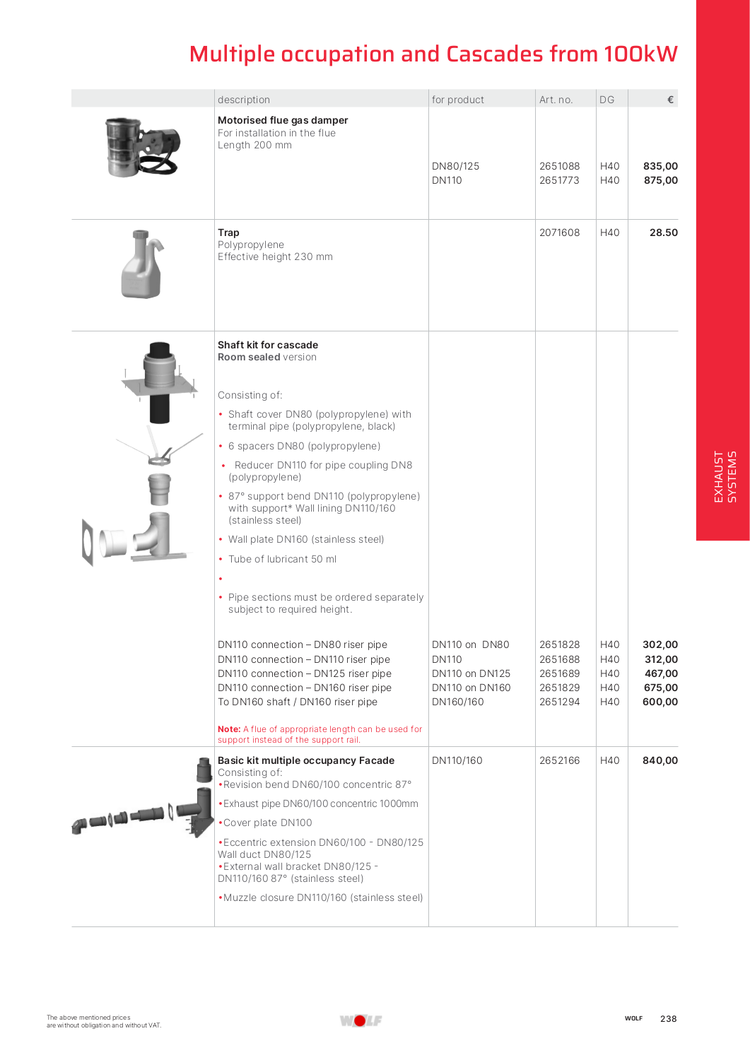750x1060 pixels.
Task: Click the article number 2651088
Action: (x=559, y=166)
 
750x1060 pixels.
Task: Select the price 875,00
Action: (x=660, y=180)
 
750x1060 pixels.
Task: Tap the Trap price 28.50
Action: (x=663, y=232)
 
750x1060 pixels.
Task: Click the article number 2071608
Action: (x=559, y=232)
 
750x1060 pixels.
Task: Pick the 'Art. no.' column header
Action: (x=556, y=100)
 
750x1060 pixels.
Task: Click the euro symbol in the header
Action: (x=670, y=100)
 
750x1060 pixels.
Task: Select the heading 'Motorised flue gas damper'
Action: (x=283, y=120)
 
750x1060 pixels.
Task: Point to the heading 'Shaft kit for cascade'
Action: (x=268, y=345)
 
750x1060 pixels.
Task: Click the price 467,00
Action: (x=660, y=673)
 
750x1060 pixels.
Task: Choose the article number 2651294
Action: (x=559, y=702)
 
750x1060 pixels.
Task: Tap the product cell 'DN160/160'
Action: (x=457, y=702)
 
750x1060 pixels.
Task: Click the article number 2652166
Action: (x=559, y=760)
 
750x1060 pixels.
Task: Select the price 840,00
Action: (x=660, y=760)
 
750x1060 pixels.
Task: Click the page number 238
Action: (x=668, y=1018)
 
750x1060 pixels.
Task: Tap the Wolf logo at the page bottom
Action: (x=361, y=1020)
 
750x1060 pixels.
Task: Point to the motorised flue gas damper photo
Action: (x=141, y=147)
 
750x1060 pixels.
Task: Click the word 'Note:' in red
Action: (x=229, y=729)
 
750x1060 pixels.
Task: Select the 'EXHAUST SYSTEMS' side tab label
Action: (x=725, y=476)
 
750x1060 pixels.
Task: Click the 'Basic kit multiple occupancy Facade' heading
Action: (x=306, y=760)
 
